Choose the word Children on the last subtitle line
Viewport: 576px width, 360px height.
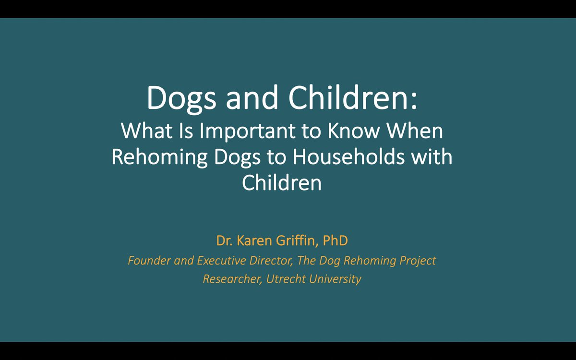(281, 183)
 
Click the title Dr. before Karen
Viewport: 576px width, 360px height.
(224, 240)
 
